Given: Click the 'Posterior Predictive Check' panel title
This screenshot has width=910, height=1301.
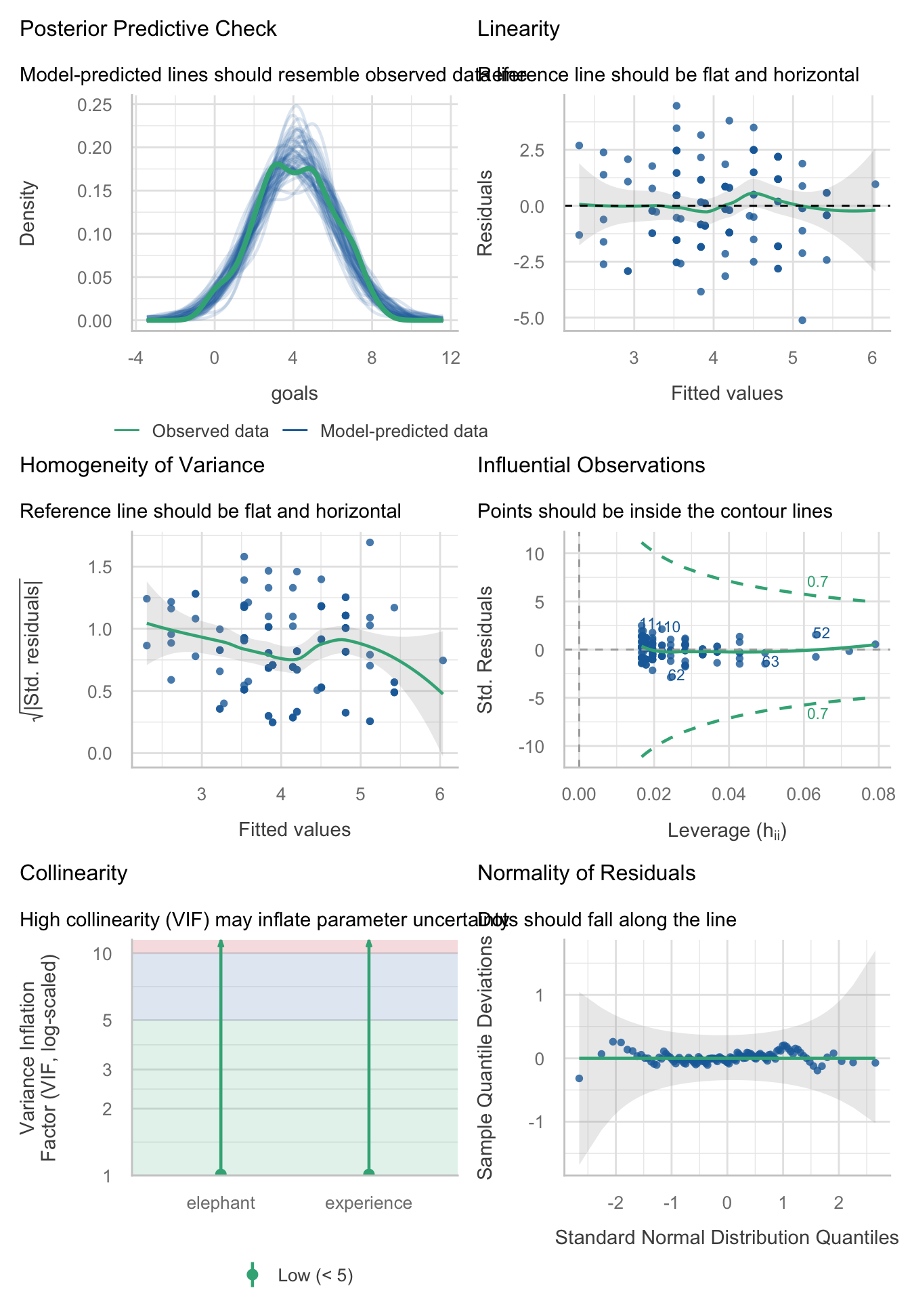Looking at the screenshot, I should point(148,29).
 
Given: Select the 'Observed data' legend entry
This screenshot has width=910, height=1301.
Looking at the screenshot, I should point(210,432).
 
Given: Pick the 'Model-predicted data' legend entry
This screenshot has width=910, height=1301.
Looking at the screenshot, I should point(404,432).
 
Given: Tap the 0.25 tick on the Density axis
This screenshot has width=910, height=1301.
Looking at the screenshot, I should point(95,105).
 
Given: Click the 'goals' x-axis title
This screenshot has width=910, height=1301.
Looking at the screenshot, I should point(295,394).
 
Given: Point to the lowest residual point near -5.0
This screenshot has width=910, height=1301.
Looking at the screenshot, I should point(802,320).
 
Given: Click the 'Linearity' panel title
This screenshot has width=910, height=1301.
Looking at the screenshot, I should point(519,29).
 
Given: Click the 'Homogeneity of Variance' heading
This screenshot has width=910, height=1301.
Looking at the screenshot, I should point(142,466).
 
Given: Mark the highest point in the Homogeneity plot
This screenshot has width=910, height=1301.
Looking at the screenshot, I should point(370,542).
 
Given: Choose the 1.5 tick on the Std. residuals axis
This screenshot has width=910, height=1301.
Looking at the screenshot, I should point(100,567).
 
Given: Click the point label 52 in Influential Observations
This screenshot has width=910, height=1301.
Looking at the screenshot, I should point(821,634).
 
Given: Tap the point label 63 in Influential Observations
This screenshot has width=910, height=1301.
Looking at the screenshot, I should point(771,662).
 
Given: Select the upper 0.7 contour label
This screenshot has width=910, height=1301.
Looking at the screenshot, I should point(817,581).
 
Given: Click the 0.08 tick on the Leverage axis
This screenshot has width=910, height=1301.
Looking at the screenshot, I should point(878,794).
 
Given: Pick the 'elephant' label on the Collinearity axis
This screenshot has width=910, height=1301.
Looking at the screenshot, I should point(221,1203).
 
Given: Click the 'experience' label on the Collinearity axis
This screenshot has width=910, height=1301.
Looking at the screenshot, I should point(368,1203).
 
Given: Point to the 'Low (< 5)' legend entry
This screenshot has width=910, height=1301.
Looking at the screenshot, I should point(315,1275).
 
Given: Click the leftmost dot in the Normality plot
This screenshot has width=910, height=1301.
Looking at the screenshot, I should point(579,1078).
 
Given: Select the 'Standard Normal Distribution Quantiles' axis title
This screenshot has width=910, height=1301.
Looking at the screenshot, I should point(727,1238).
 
